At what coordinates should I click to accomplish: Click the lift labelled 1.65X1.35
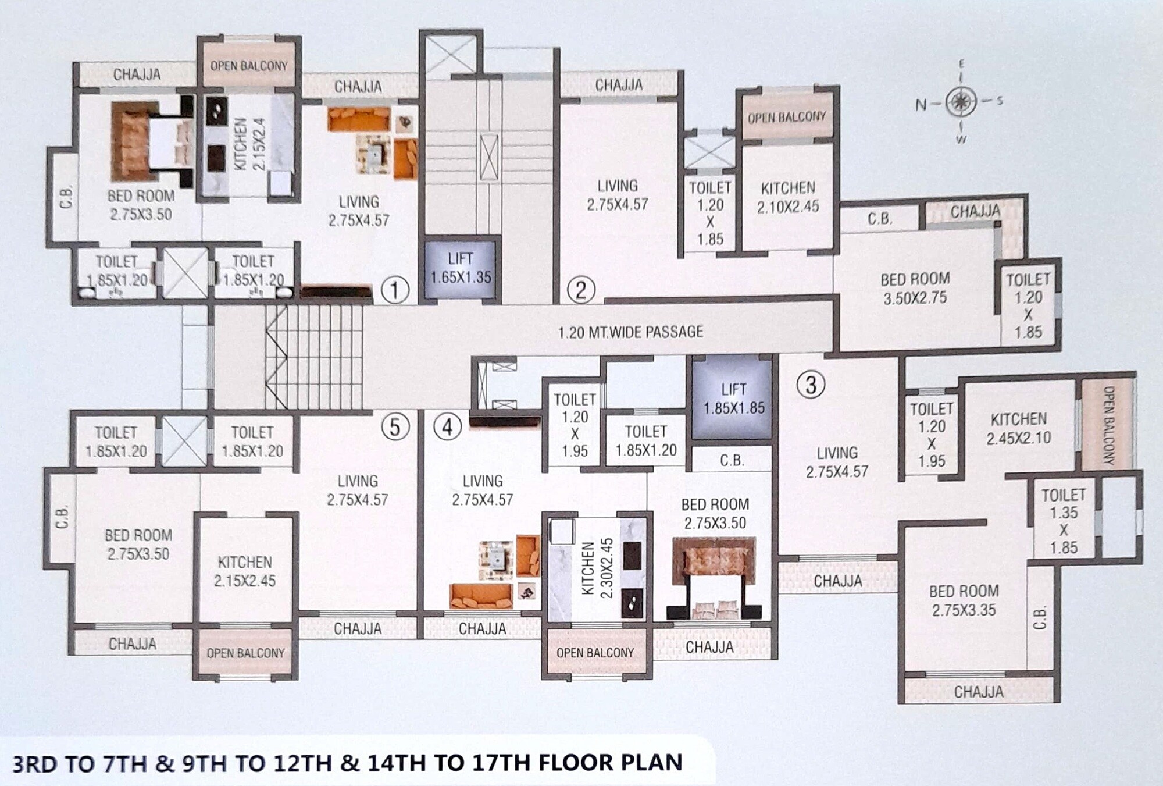461,268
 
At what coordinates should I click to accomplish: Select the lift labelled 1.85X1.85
733,398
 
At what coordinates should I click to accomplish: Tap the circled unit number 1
395,289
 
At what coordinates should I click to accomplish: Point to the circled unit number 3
811,384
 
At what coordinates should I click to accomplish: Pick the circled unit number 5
395,428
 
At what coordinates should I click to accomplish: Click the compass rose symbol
961,102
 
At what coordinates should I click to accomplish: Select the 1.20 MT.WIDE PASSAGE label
630,332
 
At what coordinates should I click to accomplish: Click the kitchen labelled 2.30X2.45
598,567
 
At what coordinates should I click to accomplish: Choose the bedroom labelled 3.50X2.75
915,288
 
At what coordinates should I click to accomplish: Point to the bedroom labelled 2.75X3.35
964,600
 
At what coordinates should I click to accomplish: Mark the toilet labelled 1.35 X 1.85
1064,521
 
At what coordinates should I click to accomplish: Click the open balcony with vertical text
1108,425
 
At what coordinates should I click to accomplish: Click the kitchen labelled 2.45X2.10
1018,428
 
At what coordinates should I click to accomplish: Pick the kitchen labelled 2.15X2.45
244,571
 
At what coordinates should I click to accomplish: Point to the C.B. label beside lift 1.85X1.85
732,460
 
